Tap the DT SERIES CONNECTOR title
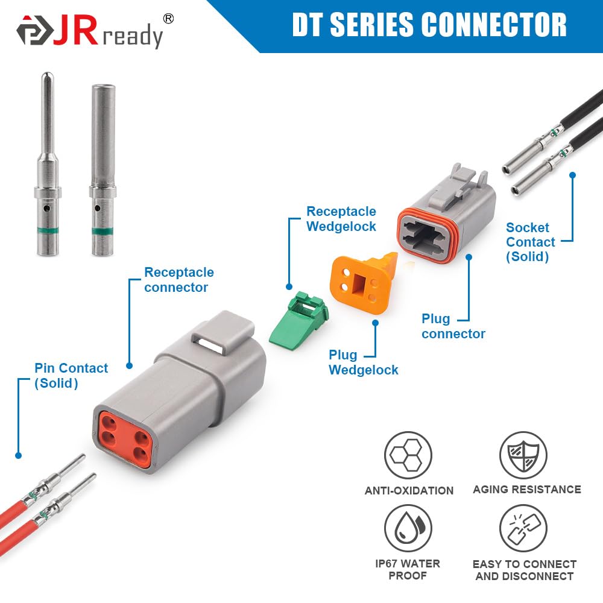coord(429,25)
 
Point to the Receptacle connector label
coord(178,280)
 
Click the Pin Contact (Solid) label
coord(71,375)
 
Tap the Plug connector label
coord(453,326)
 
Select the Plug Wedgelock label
coord(363,362)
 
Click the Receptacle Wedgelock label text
coord(341,219)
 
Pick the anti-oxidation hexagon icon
coord(408,455)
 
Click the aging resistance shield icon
coord(523,455)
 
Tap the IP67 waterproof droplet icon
coord(408,528)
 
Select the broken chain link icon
coord(523,528)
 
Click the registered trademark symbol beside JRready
coord(169,19)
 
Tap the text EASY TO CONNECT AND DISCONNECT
coord(524,570)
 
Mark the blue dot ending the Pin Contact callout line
coord(18,455)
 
